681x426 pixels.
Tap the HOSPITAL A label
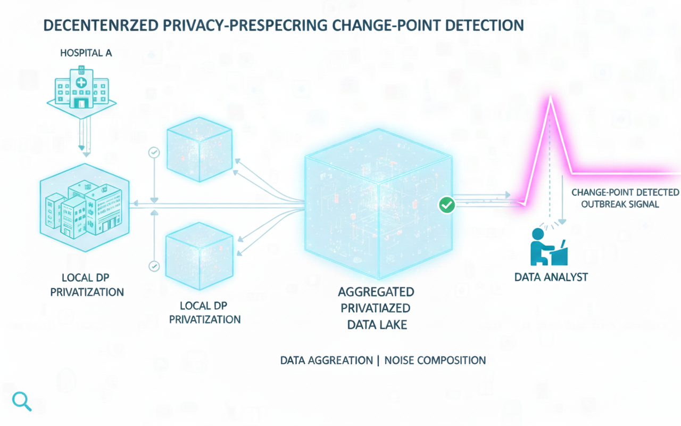coord(86,53)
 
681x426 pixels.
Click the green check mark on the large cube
coord(447,204)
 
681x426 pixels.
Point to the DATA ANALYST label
coord(551,277)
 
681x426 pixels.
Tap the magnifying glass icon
coord(21,401)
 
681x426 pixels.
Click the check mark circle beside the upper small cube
coord(154,153)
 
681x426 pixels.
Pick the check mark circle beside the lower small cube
coord(154,266)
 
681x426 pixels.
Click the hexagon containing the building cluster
coord(84,207)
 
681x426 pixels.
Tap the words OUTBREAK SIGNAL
coord(620,204)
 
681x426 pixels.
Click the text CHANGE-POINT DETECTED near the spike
coord(625,192)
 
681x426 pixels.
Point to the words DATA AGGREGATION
coord(326,361)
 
